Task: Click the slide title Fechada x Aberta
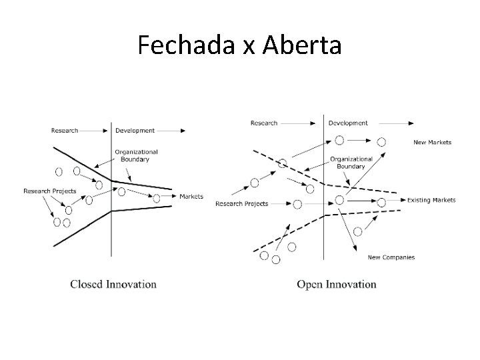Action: click(x=239, y=45)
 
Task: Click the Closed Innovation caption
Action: click(x=113, y=284)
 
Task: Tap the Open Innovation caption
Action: click(x=336, y=284)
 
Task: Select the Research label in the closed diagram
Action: click(x=65, y=131)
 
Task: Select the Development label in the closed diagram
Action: click(x=135, y=131)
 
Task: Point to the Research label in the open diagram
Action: click(x=264, y=123)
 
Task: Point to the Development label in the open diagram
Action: click(x=348, y=123)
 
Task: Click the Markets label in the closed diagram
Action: click(x=191, y=197)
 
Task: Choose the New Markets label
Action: click(x=432, y=142)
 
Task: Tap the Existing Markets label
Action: click(x=431, y=200)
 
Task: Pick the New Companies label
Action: click(x=391, y=257)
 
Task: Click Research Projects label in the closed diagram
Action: click(x=50, y=191)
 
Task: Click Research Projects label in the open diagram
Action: click(x=242, y=203)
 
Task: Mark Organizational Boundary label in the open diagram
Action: click(x=351, y=163)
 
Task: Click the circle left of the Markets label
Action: click(x=157, y=198)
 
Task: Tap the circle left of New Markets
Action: click(x=381, y=141)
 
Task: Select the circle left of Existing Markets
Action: click(x=381, y=201)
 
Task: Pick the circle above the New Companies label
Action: click(x=357, y=231)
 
